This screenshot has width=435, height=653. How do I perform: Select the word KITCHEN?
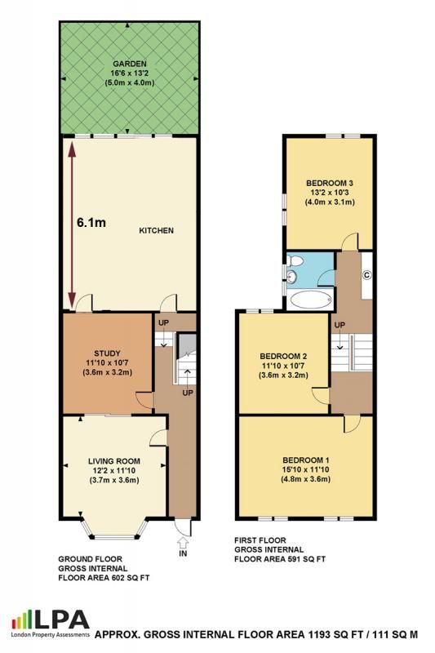click(x=156, y=231)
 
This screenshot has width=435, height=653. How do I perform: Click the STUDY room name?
click(x=106, y=353)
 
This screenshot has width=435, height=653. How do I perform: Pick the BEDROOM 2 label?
click(x=282, y=356)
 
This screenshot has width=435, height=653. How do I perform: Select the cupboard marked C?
click(x=366, y=274)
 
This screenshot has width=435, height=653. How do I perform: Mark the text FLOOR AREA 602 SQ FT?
click(x=104, y=578)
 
